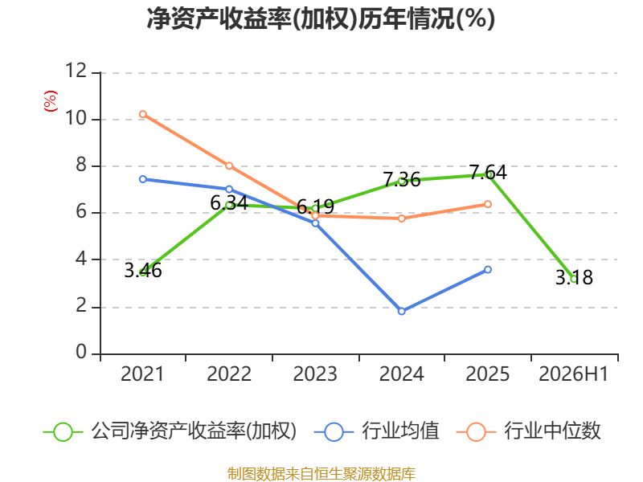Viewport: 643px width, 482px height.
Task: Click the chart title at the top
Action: [321, 18]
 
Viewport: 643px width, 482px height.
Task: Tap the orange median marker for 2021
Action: [143, 114]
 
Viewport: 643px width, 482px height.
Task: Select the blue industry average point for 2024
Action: [401, 311]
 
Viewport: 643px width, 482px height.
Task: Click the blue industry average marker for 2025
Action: [488, 269]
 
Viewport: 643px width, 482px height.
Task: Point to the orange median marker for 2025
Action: [488, 204]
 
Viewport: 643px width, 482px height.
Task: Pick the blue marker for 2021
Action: [143, 179]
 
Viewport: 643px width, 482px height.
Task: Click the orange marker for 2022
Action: [229, 166]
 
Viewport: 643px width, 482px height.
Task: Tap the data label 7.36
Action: [402, 180]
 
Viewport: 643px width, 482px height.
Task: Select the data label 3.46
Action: [143, 271]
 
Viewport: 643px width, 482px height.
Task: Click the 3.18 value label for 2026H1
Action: [574, 277]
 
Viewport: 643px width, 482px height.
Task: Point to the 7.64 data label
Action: [488, 172]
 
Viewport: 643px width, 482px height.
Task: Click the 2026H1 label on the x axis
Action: [574, 374]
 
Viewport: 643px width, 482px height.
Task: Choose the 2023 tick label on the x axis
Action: [315, 374]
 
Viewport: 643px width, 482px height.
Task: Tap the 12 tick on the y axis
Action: [76, 71]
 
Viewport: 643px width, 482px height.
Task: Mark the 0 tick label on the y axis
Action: [82, 352]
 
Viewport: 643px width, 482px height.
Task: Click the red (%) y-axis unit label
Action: [51, 101]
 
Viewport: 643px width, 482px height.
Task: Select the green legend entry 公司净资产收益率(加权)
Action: [170, 431]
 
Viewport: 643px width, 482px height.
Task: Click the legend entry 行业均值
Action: [376, 431]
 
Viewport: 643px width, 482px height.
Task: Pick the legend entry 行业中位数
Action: [528, 431]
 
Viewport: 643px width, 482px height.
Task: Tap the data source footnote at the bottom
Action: [321, 474]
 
